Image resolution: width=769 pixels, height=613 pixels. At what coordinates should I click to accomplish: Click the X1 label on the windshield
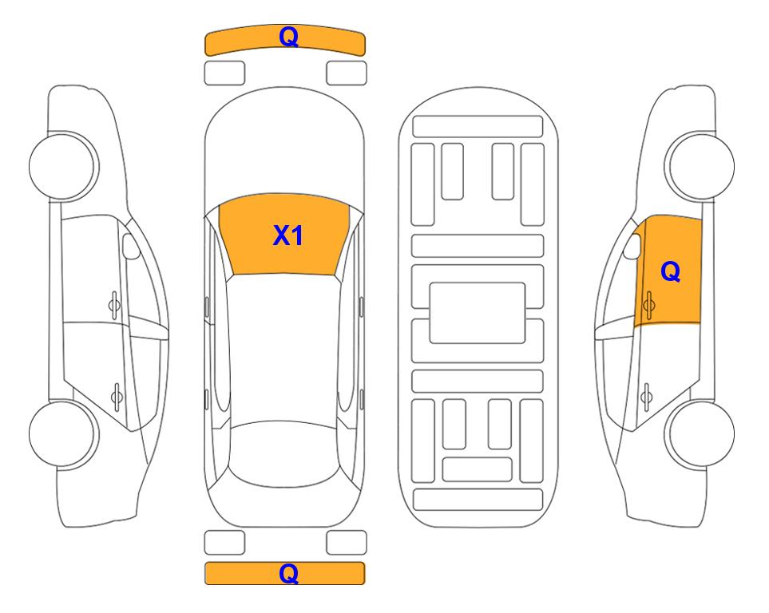(x=288, y=235)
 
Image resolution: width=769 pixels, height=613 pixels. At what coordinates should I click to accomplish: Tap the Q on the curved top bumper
(x=289, y=37)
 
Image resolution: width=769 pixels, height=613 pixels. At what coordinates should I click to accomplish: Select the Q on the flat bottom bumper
(x=289, y=573)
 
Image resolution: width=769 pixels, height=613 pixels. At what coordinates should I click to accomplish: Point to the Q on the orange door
(x=671, y=271)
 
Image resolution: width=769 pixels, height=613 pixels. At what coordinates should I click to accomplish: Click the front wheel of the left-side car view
(x=64, y=165)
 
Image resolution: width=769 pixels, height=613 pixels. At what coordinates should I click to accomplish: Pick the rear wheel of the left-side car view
(x=64, y=434)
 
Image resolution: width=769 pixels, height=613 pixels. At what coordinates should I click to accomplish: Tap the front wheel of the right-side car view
(x=700, y=165)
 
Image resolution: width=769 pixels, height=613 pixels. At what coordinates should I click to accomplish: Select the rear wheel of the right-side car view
(x=700, y=434)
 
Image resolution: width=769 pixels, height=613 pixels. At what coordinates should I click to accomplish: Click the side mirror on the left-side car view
(x=131, y=246)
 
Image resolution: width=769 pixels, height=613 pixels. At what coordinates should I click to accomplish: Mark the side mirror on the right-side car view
(x=632, y=246)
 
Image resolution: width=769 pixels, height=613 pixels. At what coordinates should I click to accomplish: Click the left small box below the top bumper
(x=224, y=73)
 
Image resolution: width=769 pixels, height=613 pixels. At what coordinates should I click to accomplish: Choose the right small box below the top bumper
(x=347, y=73)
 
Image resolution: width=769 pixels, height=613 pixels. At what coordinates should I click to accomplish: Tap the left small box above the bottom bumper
(x=224, y=543)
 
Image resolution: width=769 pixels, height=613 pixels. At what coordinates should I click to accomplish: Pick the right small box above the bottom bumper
(x=347, y=543)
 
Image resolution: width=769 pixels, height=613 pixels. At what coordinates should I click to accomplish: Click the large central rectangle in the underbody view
(x=478, y=313)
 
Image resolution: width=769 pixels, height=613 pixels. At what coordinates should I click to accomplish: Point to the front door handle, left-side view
(x=114, y=306)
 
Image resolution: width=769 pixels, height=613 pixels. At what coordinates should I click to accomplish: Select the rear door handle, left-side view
(x=117, y=397)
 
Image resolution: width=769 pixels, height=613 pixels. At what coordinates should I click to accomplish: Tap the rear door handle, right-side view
(x=646, y=397)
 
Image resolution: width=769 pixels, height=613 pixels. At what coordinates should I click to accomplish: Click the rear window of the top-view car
(x=284, y=454)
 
